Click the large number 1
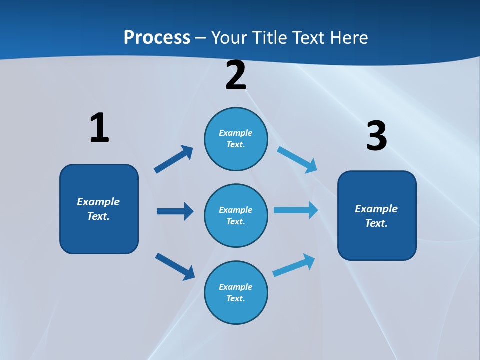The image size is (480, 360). coord(99,128)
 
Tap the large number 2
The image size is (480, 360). coord(236,75)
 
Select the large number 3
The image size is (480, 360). coord(376,136)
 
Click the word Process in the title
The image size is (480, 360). coord(157,37)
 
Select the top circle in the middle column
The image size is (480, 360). coord(236,139)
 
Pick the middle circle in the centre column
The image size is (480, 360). coord(236,215)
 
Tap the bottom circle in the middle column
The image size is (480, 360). coord(236,292)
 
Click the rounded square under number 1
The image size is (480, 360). coord(99,209)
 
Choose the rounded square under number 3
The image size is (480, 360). coord(377,215)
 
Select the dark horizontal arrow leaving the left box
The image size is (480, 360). coord(175,211)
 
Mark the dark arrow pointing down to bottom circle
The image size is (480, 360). coord(175,266)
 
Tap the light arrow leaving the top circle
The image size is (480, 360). coord(297,159)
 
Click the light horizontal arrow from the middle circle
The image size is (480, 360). coord(296,210)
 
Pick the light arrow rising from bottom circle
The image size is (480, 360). coord(294,265)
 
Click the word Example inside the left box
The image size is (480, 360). coord(98,201)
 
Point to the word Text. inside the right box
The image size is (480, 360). coord(376,223)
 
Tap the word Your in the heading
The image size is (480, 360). coord(227,37)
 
